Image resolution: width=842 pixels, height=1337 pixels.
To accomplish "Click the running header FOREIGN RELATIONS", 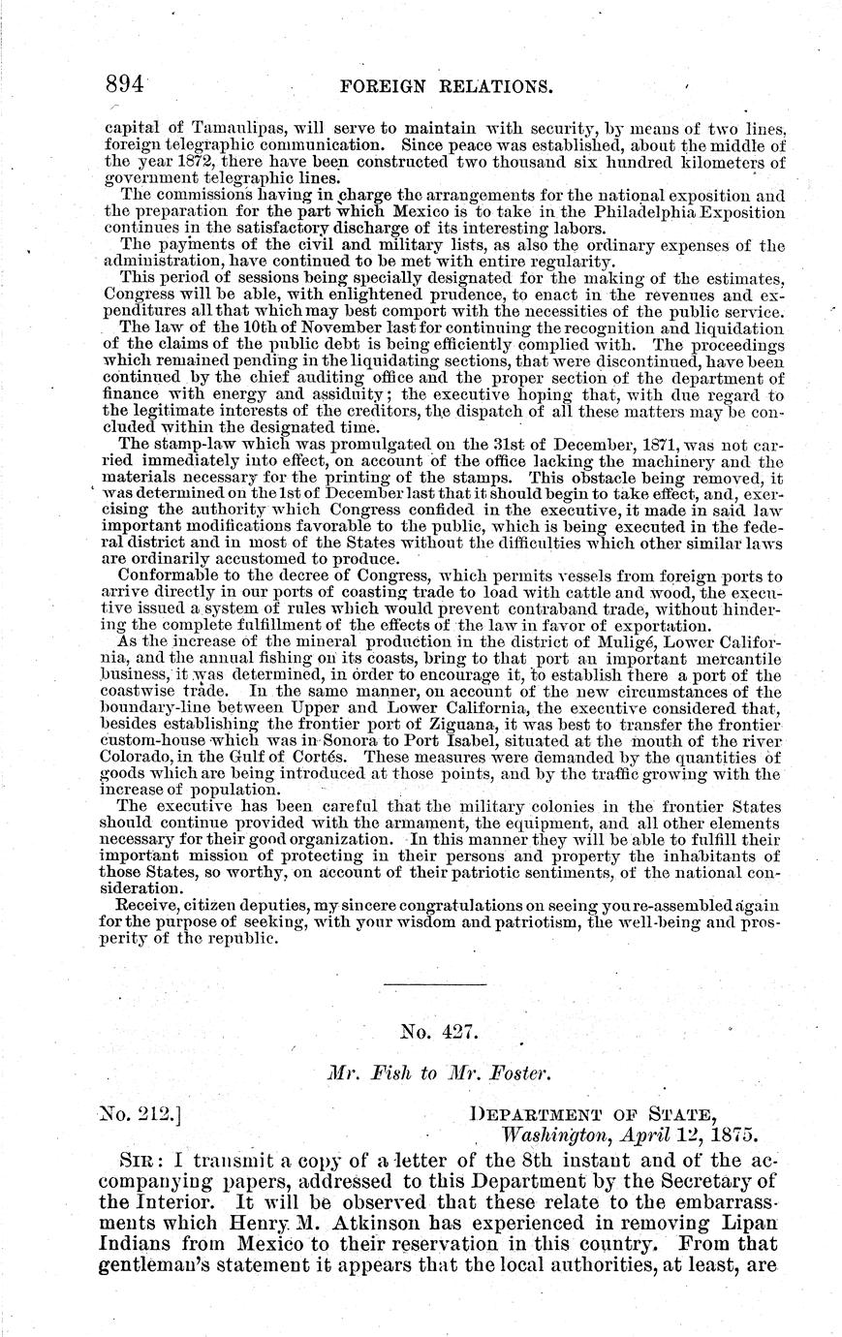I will pos(447,87).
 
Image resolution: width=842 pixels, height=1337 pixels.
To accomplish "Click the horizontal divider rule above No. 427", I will pos(435,985).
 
